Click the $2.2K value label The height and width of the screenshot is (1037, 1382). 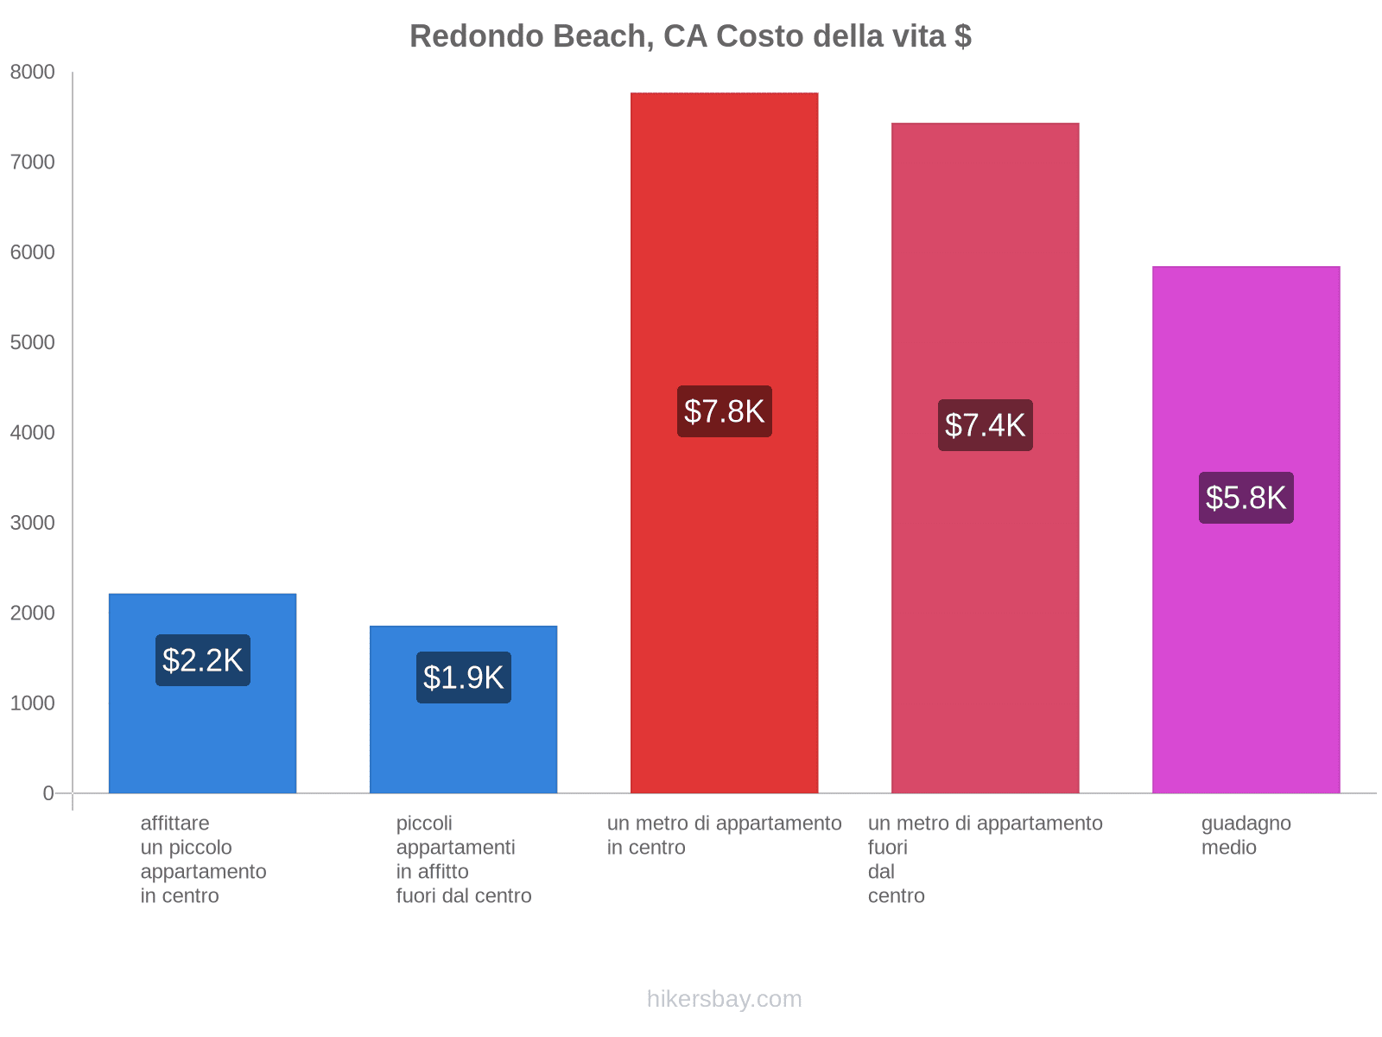coord(203,660)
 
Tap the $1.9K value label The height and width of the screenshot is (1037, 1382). coord(464,678)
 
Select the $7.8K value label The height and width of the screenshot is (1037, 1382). coord(724,411)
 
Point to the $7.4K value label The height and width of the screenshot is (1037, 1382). coord(985,425)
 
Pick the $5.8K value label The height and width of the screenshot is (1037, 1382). coord(1246,498)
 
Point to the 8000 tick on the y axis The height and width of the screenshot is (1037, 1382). coord(32,73)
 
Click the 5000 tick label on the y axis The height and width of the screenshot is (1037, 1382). coord(32,343)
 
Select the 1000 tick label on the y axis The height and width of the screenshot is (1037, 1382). coord(32,703)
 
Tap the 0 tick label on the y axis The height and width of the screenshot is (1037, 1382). coord(48,793)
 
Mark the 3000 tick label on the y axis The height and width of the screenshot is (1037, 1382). coord(32,523)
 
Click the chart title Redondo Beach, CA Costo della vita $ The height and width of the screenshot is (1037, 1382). coord(690,36)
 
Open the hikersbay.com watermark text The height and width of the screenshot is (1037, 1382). coord(724,999)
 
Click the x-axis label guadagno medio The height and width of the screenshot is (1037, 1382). coord(1246,836)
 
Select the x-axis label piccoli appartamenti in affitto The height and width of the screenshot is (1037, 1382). coord(464,859)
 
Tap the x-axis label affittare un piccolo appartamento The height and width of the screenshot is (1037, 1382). coord(203,859)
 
